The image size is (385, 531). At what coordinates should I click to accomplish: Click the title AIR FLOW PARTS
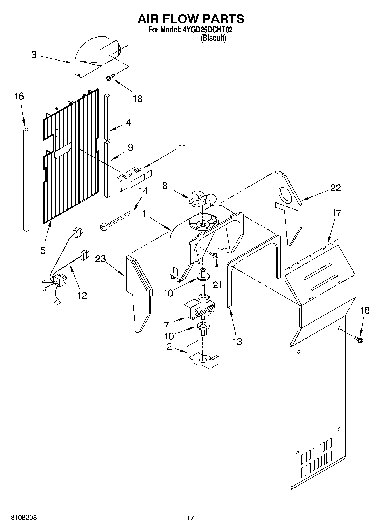pyautogui.click(x=191, y=19)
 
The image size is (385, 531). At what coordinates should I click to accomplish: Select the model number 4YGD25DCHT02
pyautogui.click(x=207, y=30)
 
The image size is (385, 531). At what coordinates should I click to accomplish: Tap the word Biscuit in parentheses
pyautogui.click(x=213, y=38)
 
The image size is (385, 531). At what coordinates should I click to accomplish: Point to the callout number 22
pyautogui.click(x=336, y=188)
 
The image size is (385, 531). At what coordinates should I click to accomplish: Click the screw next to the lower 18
pyautogui.click(x=359, y=339)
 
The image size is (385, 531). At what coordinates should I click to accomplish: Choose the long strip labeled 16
pyautogui.click(x=26, y=180)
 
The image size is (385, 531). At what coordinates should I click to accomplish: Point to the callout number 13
pyautogui.click(x=237, y=342)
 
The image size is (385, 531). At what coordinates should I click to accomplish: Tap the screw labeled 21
pyautogui.click(x=213, y=254)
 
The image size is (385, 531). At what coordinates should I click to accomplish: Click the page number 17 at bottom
pyautogui.click(x=190, y=518)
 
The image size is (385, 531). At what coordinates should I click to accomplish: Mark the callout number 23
pyautogui.click(x=100, y=259)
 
